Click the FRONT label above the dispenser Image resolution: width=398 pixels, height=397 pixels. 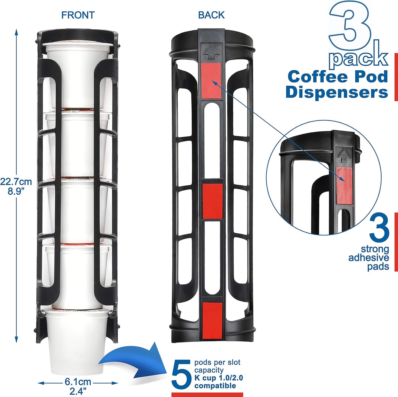78,15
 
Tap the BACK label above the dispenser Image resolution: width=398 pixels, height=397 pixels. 211,15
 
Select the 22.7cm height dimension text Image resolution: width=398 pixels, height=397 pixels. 16,182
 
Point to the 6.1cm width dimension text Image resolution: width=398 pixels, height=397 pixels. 78,382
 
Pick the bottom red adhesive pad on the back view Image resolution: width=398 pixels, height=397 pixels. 212,320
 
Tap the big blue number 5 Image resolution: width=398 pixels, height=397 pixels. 181,374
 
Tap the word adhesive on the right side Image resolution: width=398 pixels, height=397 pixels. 369,258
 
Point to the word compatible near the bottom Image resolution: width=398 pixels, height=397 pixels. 215,386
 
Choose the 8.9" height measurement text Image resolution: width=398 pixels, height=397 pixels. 16,191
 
